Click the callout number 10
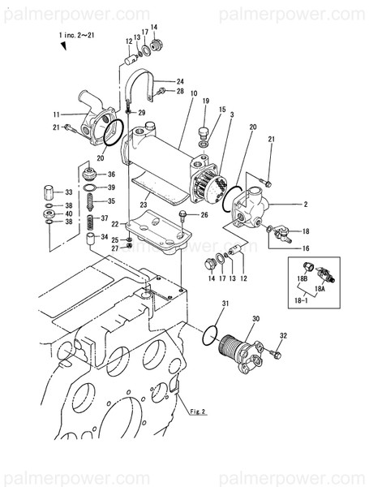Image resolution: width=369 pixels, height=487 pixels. click(x=194, y=93)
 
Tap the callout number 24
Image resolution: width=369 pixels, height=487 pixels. click(x=180, y=82)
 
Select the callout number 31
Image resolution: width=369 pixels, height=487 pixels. click(x=225, y=304)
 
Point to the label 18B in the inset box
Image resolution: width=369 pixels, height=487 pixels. click(x=302, y=279)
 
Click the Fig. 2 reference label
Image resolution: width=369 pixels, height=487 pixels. click(x=198, y=412)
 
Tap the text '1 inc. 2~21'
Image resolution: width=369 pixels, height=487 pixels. click(x=76, y=36)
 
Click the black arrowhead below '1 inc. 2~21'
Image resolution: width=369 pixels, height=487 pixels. click(x=64, y=46)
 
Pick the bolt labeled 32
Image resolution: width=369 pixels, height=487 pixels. click(x=276, y=353)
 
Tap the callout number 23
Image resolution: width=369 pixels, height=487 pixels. click(x=143, y=205)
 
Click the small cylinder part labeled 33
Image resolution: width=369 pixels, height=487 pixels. click(x=49, y=192)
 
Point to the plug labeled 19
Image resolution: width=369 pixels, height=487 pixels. click(x=204, y=132)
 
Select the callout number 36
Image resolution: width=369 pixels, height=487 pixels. click(x=111, y=175)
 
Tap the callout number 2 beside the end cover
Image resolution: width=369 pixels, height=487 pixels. click(x=306, y=205)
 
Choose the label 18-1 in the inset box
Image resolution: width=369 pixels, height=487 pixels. click(x=300, y=300)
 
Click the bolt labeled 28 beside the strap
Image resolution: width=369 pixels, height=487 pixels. click(x=161, y=91)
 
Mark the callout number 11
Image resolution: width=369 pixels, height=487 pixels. click(x=56, y=114)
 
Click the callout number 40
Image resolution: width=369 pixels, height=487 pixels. click(x=69, y=213)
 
